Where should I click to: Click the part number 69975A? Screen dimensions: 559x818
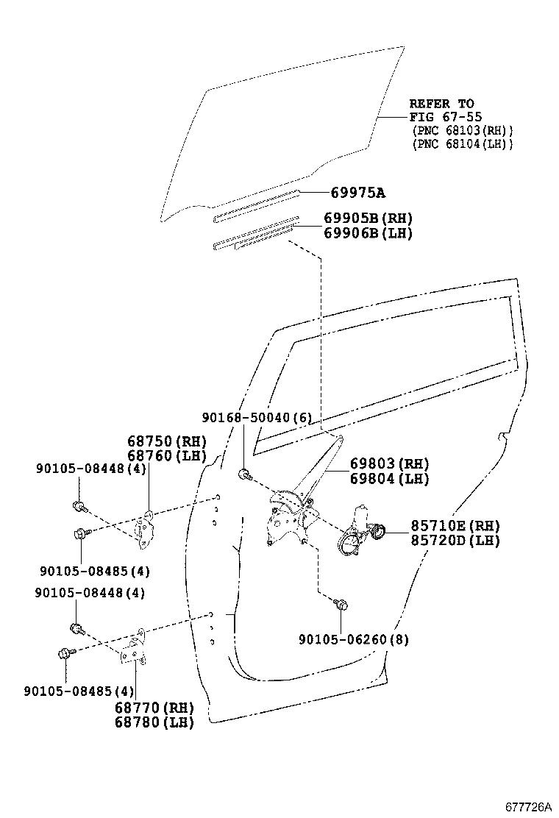point(357,193)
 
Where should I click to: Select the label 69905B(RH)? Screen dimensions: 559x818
point(368,218)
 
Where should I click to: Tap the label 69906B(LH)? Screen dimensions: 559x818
point(368,232)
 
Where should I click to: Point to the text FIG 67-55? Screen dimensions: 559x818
point(445,117)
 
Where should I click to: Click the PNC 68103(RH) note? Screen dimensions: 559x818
point(463,130)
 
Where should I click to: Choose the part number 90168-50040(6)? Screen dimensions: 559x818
point(257,417)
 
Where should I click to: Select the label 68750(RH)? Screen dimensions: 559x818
point(167,441)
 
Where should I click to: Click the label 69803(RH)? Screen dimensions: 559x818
point(389,463)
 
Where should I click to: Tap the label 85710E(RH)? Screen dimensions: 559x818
point(455,525)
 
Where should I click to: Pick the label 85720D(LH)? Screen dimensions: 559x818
point(455,540)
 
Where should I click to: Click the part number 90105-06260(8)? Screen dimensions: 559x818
point(354,639)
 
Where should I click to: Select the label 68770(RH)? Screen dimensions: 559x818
point(154,708)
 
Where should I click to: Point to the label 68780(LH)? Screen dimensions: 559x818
point(154,722)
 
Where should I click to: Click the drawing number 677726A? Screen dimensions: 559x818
point(527,806)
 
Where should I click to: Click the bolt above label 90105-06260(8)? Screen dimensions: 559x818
point(341,605)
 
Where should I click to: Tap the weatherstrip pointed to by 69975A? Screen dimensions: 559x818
point(257,206)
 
